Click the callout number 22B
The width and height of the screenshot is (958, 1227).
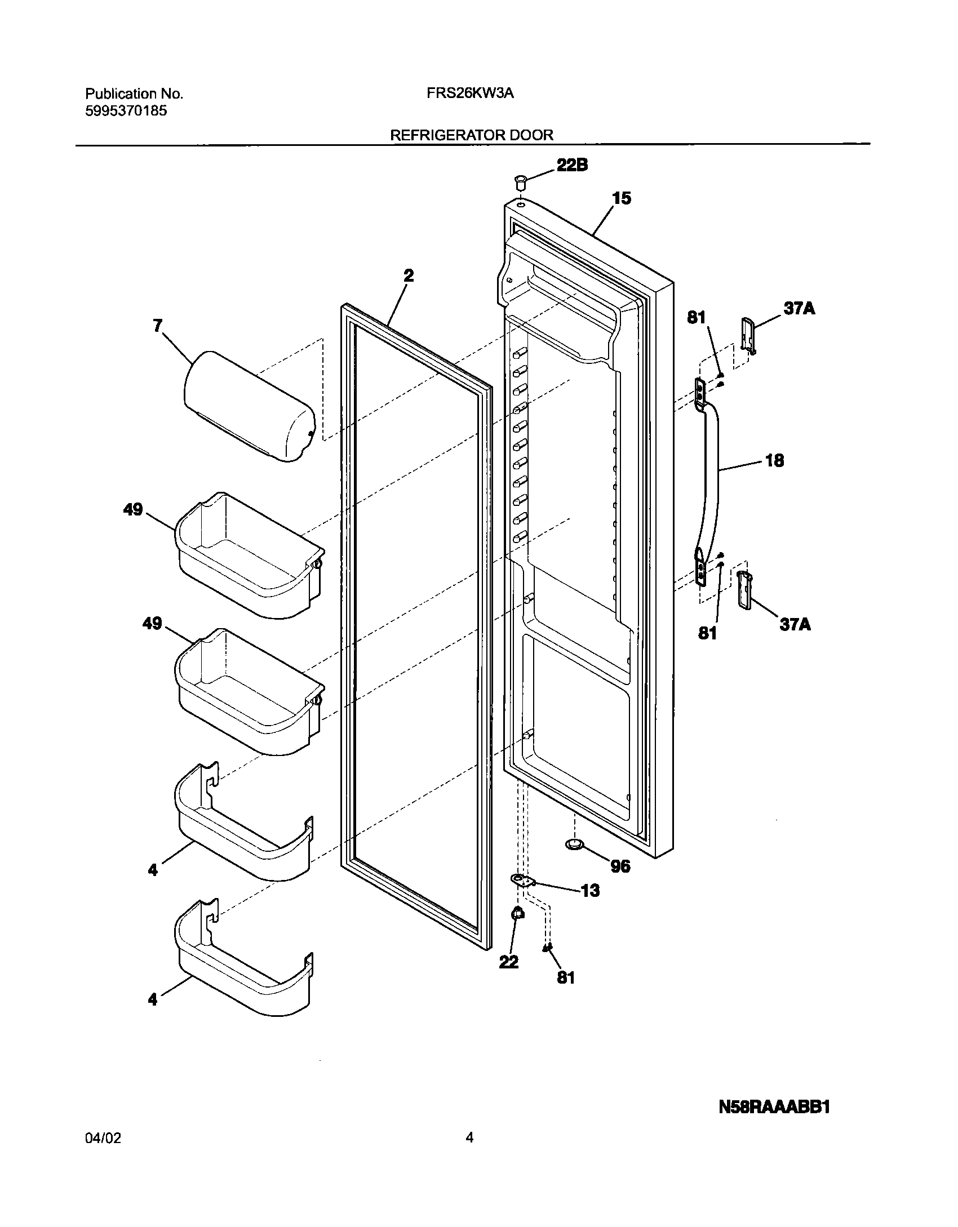click(x=572, y=165)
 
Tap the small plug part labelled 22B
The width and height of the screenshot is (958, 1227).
click(x=520, y=183)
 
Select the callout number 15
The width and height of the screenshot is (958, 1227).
click(x=622, y=198)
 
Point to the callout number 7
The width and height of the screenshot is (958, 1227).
click(x=157, y=325)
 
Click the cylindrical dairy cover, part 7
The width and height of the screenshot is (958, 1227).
click(x=249, y=406)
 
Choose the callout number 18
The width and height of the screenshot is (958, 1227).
click(x=775, y=461)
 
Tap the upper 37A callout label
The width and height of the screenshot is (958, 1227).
click(x=799, y=309)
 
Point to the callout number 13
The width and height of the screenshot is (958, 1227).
click(x=590, y=891)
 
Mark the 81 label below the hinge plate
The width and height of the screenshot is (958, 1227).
click(x=566, y=977)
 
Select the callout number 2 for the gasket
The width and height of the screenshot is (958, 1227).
click(x=409, y=275)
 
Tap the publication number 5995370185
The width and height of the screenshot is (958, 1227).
click(x=126, y=111)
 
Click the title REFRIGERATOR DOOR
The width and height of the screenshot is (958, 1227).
click(x=472, y=135)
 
